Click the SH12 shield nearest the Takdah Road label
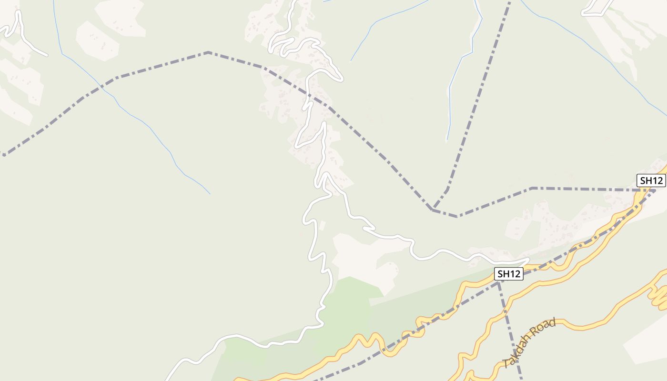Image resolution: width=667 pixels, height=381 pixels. point(509,274)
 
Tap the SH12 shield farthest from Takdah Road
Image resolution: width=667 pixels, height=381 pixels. point(651,180)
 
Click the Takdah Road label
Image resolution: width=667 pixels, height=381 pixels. point(529,343)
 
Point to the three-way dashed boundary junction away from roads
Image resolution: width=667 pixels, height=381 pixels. point(433,209)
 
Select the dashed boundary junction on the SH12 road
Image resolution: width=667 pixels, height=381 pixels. point(498,282)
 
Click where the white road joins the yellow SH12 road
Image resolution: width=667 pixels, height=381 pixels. point(526,261)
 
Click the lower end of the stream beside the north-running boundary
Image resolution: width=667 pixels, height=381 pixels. point(447,141)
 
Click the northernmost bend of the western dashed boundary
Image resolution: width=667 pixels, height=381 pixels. point(208,52)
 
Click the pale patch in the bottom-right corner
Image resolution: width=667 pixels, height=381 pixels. point(648,343)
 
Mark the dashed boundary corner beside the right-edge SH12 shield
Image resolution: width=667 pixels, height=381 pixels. point(654,190)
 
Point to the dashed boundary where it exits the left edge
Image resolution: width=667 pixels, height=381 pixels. point(4,155)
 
